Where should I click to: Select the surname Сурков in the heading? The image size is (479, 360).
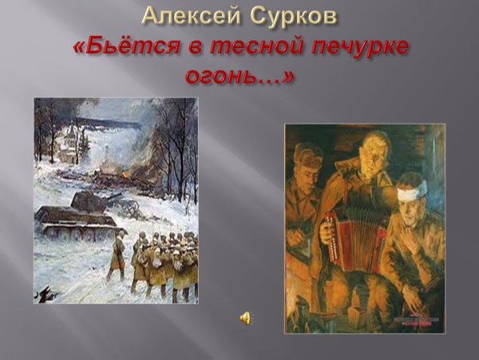pyautogui.click(x=291, y=15)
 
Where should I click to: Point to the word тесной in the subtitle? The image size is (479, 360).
pyautogui.click(x=244, y=46)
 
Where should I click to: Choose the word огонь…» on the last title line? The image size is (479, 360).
pyautogui.click(x=239, y=77)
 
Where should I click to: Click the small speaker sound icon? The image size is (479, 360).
pyautogui.click(x=244, y=318)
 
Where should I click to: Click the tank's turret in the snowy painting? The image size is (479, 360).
pyautogui.click(x=89, y=200)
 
